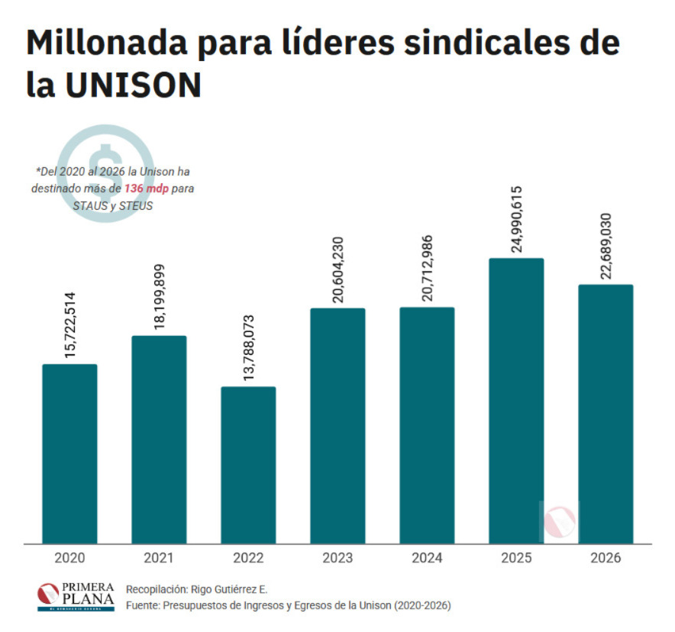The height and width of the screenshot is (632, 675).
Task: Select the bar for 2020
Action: click(69, 453)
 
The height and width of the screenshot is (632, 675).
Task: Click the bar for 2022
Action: click(248, 465)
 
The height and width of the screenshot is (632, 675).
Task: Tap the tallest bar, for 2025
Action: click(516, 401)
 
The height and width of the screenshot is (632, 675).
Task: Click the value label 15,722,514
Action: click(69, 324)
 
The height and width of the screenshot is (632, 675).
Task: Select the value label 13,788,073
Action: click(248, 347)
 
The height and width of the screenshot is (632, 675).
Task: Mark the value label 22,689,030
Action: click(606, 245)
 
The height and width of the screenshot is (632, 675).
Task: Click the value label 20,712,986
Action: click(427, 268)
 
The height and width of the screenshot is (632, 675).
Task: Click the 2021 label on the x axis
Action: click(159, 558)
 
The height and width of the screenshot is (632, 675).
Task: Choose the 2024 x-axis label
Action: click(427, 558)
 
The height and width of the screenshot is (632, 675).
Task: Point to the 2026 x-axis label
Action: click(606, 558)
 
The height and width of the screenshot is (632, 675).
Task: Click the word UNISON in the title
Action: click(132, 86)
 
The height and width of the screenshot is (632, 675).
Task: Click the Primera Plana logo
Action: click(76, 596)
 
